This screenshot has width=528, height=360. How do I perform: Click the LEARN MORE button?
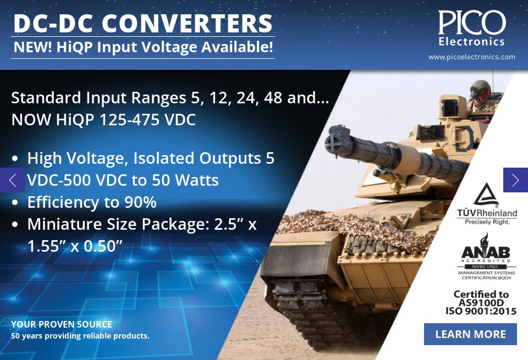pyautogui.click(x=470, y=334)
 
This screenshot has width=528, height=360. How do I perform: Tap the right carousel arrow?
pyautogui.click(x=515, y=180)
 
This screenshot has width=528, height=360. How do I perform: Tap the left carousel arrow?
pyautogui.click(x=12, y=180)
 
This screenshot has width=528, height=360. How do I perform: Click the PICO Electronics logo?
pyautogui.click(x=471, y=27)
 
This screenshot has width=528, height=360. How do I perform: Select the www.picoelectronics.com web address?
pyautogui.click(x=471, y=57)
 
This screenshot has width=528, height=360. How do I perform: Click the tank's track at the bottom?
pyautogui.click(x=308, y=308)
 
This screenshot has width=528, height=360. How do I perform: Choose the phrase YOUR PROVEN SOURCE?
pyautogui.click(x=62, y=324)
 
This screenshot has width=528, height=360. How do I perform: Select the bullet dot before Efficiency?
pyautogui.click(x=16, y=203)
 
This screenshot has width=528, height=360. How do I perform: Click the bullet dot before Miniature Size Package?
pyautogui.click(x=16, y=225)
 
